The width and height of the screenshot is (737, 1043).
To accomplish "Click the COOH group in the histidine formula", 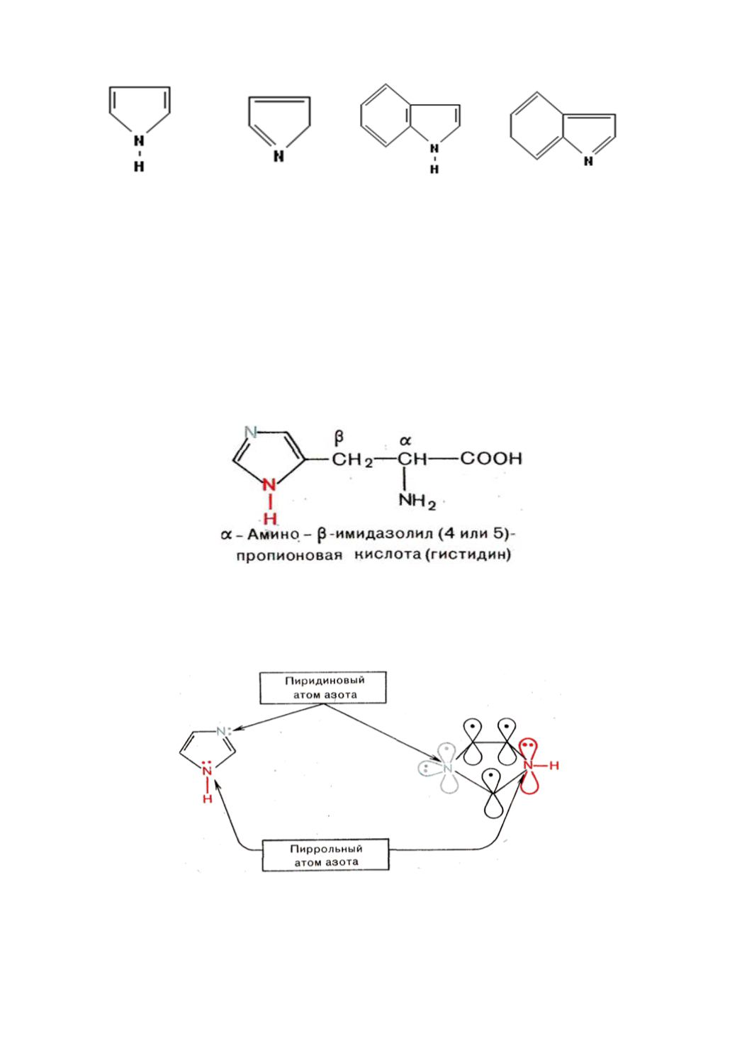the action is [491, 459].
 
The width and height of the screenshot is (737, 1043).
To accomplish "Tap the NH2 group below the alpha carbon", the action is [417, 503].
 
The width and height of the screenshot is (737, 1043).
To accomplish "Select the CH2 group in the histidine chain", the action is [352, 460].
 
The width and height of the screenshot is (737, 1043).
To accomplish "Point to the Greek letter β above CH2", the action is [339, 437].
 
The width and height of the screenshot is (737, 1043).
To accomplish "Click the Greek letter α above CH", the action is [406, 440].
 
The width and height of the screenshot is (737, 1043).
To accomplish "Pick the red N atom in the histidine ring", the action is [269, 485].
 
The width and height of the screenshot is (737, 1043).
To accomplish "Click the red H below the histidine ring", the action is [270, 518].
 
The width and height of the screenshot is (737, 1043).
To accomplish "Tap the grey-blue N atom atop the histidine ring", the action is [251, 432].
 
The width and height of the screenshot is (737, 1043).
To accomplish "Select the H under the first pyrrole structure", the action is [139, 166].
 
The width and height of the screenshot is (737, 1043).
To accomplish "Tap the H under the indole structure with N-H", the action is [434, 169].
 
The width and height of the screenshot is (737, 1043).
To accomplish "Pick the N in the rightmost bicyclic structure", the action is [589, 161].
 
